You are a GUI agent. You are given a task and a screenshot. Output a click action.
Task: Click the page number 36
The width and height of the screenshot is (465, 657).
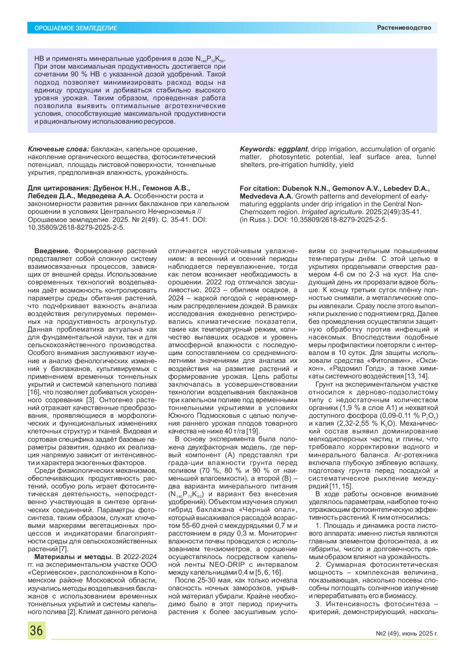36,630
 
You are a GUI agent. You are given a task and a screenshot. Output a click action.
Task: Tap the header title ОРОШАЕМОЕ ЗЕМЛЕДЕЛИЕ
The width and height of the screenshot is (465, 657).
76,28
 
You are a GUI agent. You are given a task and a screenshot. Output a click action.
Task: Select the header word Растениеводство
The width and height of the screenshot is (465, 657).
404,27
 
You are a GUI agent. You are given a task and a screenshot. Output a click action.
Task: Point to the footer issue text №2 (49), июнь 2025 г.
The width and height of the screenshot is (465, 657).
406,633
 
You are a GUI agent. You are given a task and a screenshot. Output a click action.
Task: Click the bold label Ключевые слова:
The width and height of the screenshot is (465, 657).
59,149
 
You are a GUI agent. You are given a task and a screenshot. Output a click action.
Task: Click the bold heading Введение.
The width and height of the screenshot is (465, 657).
52,251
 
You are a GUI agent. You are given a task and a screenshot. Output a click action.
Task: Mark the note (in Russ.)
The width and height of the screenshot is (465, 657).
255,220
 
